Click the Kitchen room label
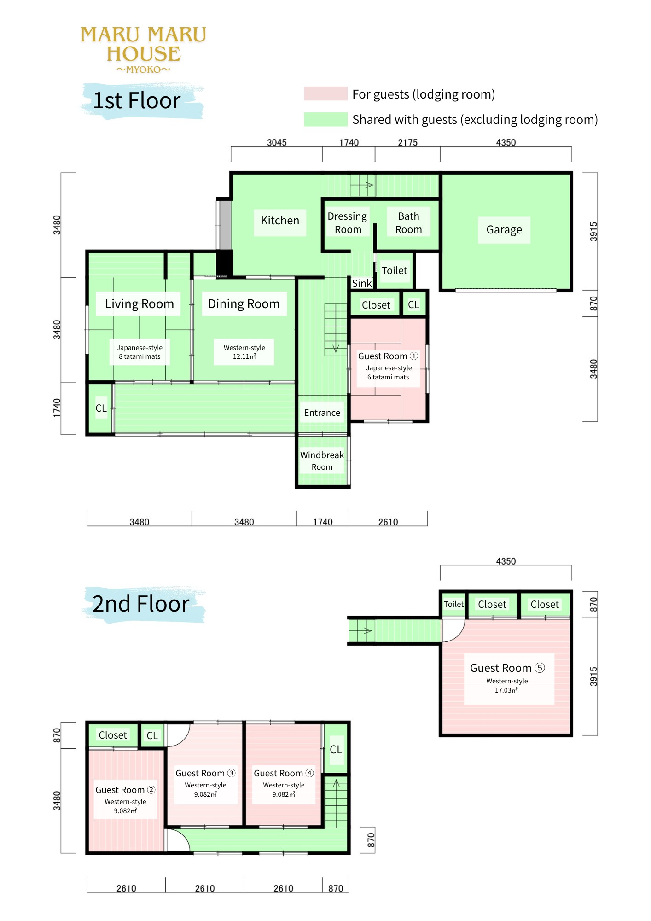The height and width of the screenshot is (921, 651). (x=280, y=221)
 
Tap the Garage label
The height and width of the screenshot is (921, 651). (x=504, y=230)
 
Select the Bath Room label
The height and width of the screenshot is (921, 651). (x=408, y=223)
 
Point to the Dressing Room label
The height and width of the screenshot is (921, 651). (x=347, y=223)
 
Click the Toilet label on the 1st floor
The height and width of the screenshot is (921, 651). (x=395, y=271)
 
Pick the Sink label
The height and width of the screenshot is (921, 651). (x=362, y=284)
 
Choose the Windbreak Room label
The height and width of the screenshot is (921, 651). (x=322, y=461)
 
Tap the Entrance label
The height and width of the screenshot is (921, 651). (x=322, y=413)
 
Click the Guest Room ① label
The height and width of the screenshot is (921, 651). (x=388, y=356)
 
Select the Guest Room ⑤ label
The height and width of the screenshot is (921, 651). (x=507, y=668)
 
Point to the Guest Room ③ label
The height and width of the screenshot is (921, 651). (x=205, y=774)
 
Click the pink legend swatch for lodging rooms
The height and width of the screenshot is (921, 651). (x=325, y=93)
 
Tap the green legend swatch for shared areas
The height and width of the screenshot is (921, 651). (x=325, y=119)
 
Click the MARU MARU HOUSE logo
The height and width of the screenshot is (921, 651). (x=144, y=49)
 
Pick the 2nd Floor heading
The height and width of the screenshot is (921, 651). (x=141, y=604)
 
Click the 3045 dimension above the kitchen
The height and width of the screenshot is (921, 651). (x=277, y=142)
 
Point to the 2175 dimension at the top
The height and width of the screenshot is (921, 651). (x=408, y=142)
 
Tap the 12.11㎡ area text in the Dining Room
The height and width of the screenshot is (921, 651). (x=244, y=356)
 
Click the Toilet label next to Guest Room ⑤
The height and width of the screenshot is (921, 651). (x=454, y=604)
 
